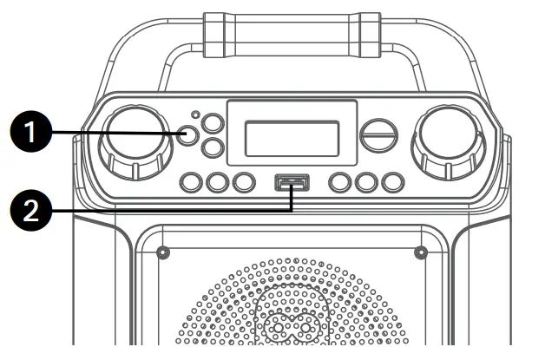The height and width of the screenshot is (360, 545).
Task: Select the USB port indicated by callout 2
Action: pyautogui.click(x=292, y=183)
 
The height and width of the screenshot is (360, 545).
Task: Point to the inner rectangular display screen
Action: pyautogui.click(x=292, y=138)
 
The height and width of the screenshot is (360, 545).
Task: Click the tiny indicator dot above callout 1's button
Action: pyautogui.click(x=196, y=115)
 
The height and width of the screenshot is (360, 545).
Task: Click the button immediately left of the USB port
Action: pyautogui.click(x=244, y=182)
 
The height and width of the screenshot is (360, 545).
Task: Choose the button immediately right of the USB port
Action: pyautogui.click(x=340, y=182)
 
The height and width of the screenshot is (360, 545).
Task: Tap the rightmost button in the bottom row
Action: pyautogui.click(x=392, y=182)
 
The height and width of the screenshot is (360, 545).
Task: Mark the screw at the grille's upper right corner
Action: pyautogui.click(x=421, y=253)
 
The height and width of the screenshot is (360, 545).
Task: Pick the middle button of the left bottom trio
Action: pyautogui.click(x=218, y=182)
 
